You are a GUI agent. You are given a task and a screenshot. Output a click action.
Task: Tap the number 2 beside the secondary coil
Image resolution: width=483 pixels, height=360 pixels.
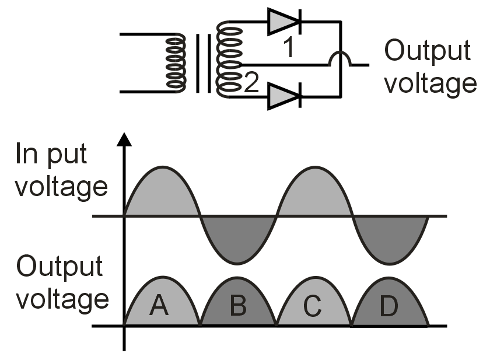coord(250,85)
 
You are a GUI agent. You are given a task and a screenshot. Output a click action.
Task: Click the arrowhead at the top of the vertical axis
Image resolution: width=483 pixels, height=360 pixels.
coord(124,139)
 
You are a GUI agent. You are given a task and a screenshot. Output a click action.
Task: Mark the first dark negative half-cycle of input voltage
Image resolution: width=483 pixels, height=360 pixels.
coord(237,236)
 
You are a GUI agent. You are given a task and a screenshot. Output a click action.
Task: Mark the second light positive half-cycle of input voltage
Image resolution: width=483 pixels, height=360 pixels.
coord(314,193)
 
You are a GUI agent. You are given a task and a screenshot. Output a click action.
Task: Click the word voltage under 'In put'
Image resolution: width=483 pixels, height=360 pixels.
coord(61,188)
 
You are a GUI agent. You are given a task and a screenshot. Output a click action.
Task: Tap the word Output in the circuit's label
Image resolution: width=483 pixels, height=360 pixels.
coord(426,51)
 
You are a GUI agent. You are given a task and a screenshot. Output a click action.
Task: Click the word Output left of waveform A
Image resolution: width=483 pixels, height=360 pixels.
coord(60,267)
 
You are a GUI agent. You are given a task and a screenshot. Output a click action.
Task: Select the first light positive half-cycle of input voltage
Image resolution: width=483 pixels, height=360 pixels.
coord(162,193)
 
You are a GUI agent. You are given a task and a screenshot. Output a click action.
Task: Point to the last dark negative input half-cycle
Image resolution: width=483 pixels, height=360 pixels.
coord(391,236)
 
